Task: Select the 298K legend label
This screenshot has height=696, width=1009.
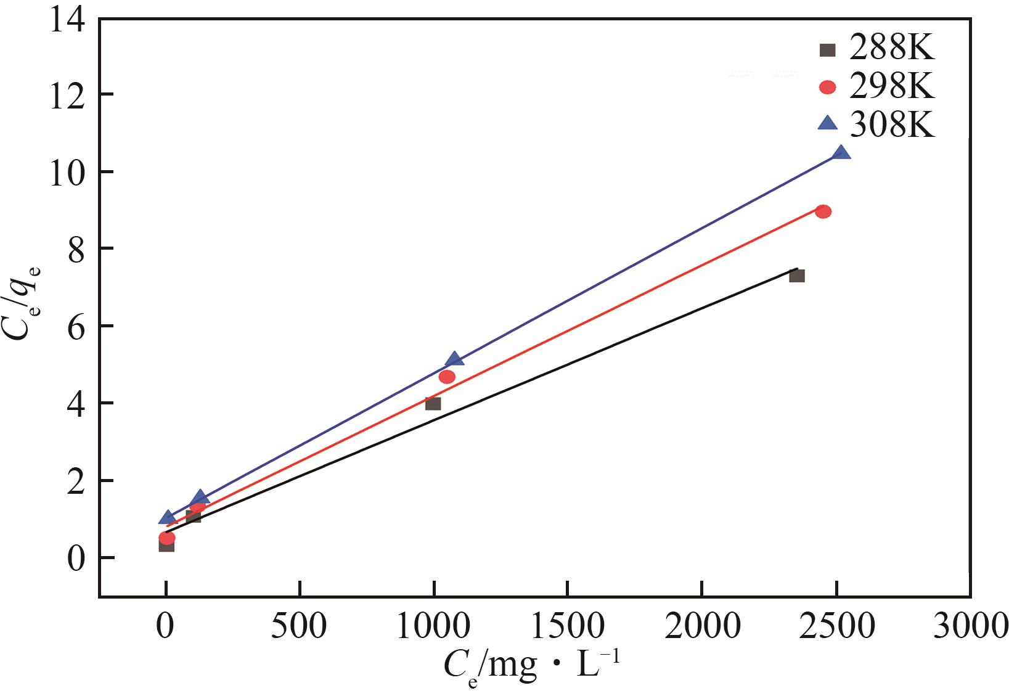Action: (x=891, y=88)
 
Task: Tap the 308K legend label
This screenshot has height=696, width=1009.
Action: (x=891, y=125)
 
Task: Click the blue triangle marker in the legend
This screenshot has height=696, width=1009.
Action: (x=827, y=123)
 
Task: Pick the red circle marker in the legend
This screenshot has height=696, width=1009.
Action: (x=827, y=88)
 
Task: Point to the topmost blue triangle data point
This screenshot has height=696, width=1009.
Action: (x=841, y=153)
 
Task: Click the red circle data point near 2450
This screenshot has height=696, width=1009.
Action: (x=823, y=211)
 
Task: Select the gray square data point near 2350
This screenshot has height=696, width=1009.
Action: (x=796, y=276)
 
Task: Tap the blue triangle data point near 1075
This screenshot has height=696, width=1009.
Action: (x=454, y=359)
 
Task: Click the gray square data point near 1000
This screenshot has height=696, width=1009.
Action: (x=433, y=403)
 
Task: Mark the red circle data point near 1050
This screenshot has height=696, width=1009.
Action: (x=447, y=377)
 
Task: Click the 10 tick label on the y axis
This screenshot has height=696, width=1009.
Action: (x=67, y=171)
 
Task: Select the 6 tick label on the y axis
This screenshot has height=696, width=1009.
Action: (x=75, y=325)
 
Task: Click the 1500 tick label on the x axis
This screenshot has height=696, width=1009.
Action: (x=568, y=626)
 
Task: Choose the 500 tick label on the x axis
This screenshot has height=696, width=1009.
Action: (x=300, y=626)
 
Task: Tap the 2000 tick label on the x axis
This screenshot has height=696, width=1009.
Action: (x=702, y=626)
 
